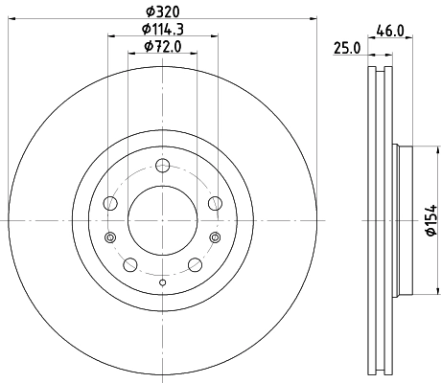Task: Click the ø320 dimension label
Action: point(161,12)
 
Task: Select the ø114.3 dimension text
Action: point(161,29)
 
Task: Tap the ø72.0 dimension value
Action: point(161,46)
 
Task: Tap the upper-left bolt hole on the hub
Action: point(111,204)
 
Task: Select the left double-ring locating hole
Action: point(110,238)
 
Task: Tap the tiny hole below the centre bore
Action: point(161,282)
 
